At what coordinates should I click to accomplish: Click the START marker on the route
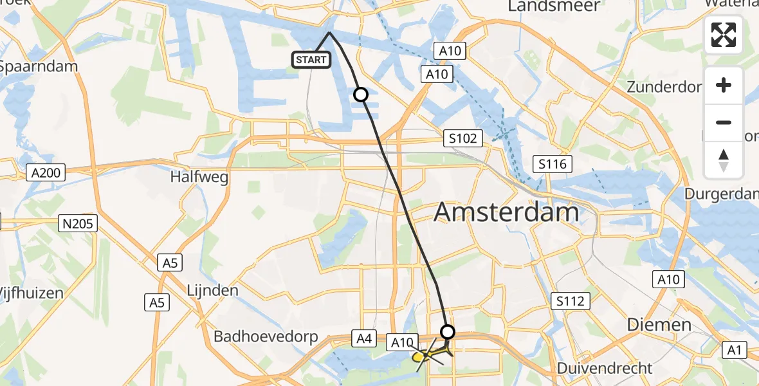(312, 60)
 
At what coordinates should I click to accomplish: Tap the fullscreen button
(724, 35)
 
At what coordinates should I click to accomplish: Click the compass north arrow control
(724, 160)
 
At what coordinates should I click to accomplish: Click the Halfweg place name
(200, 177)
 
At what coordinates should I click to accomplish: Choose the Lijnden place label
(212, 290)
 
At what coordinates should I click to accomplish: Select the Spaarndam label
(39, 66)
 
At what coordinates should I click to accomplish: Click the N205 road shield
(77, 224)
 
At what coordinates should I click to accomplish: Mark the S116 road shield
(553, 164)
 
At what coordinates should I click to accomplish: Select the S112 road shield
(570, 299)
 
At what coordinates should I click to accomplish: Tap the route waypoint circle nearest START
(361, 95)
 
